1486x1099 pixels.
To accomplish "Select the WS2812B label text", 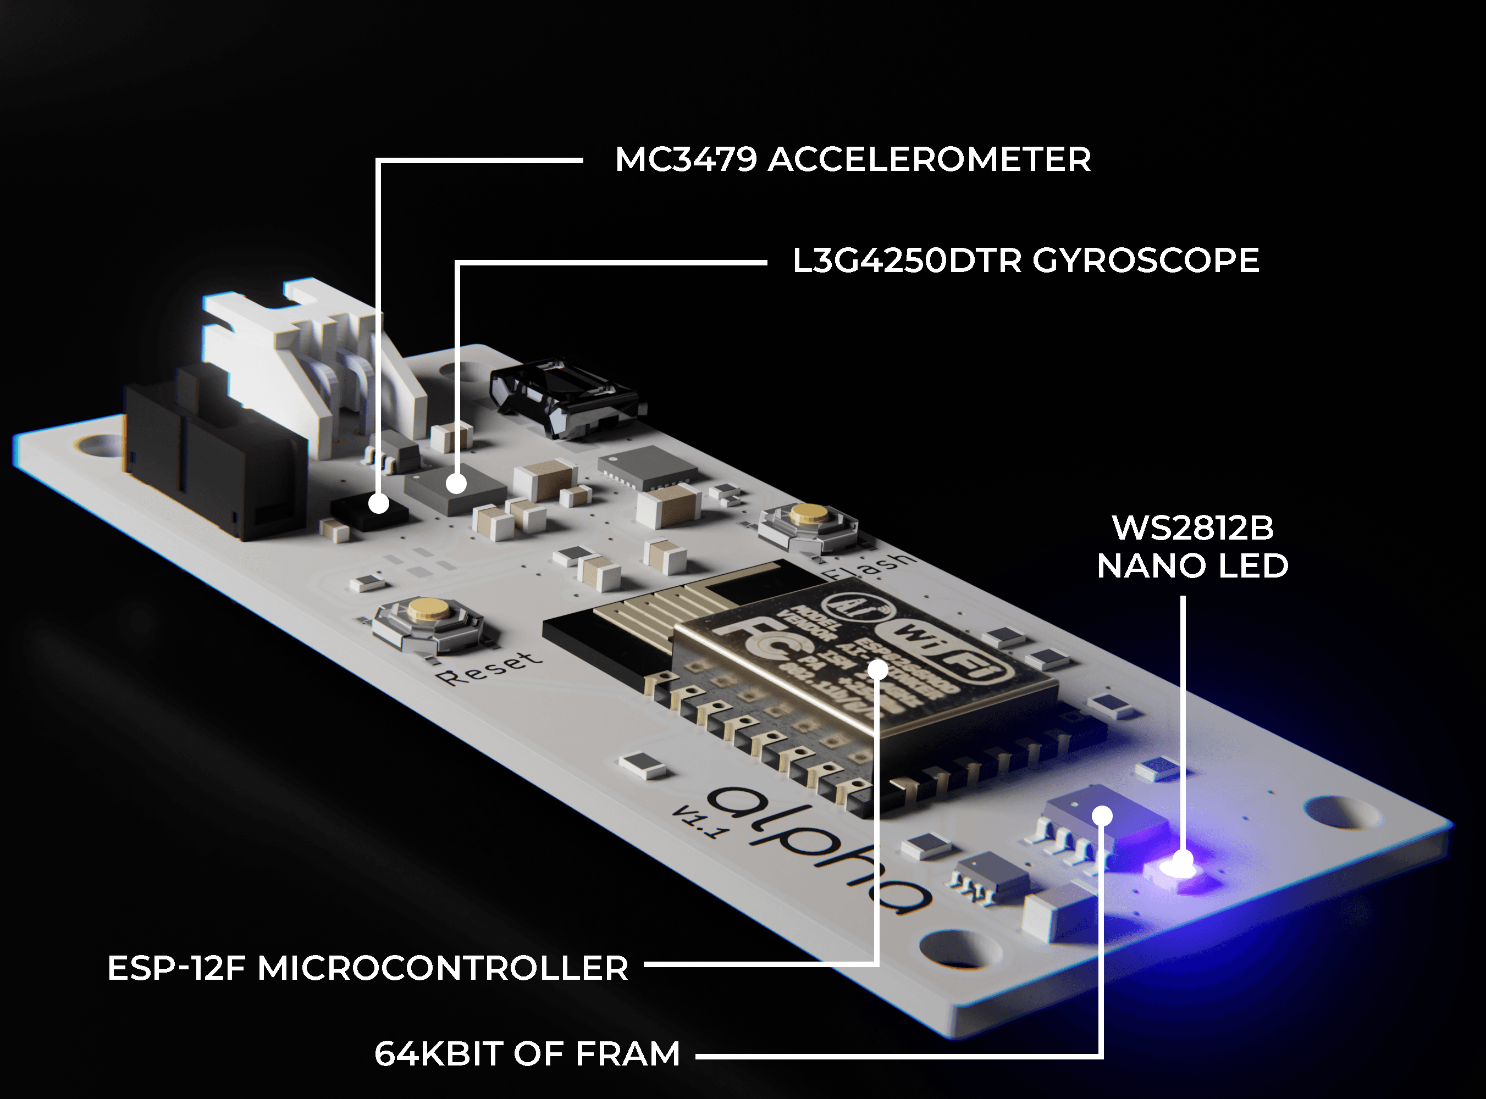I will click(x=1192, y=529).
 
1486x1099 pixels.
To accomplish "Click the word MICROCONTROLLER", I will click(x=443, y=969).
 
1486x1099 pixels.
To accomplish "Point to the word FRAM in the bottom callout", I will click(x=627, y=1054).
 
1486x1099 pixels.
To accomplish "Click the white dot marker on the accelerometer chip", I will click(x=379, y=503).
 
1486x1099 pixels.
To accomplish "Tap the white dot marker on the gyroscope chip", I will click(x=456, y=484).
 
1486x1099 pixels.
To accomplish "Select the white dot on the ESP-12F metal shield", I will click(x=879, y=669).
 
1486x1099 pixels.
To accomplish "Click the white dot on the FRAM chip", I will click(x=1102, y=815).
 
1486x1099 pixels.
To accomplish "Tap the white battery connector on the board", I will click(x=313, y=359).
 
